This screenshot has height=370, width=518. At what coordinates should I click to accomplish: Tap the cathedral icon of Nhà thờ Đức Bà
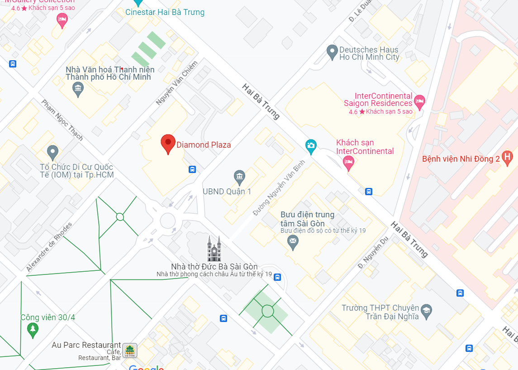point(214,248)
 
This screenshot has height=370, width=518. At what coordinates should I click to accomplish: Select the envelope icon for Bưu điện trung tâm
point(293,242)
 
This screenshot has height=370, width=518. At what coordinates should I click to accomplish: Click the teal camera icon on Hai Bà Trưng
point(311,145)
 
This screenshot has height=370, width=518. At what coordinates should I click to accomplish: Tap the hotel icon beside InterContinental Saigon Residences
point(419,101)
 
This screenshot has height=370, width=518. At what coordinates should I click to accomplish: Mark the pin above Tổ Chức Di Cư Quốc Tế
point(53,152)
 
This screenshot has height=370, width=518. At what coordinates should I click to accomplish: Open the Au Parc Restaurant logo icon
point(130,350)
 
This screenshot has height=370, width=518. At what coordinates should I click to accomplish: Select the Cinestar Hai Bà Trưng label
point(165,12)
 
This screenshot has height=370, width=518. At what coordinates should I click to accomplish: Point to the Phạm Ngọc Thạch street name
point(62,120)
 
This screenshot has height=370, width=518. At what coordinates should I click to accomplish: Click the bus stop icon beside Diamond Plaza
point(192,169)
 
